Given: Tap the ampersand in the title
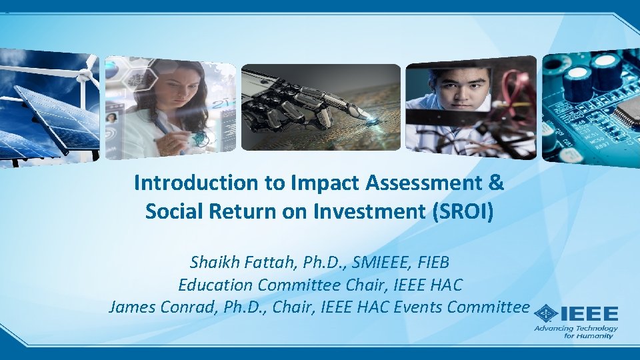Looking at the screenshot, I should pyautogui.click(x=496, y=183).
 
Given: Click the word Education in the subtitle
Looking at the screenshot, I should pyautogui.click(x=215, y=285).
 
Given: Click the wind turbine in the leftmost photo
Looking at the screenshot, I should pyautogui.click(x=83, y=73).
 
